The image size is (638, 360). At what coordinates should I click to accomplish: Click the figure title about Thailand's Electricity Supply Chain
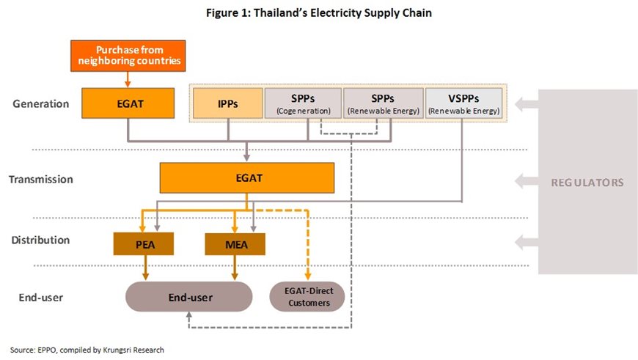[318, 12]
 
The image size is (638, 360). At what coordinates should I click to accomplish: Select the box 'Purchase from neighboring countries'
[128, 55]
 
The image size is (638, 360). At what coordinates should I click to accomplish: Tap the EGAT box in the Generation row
[128, 103]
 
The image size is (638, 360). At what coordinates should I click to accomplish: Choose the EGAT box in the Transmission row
[246, 178]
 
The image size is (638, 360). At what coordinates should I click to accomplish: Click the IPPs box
[227, 103]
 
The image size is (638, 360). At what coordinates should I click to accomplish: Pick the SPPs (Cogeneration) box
[303, 103]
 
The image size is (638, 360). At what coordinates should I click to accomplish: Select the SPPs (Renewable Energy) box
[384, 103]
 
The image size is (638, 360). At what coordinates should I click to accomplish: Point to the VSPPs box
[464, 103]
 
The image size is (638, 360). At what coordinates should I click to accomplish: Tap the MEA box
[235, 243]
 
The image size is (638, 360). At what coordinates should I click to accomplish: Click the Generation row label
[41, 104]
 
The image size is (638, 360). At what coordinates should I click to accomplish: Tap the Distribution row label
[41, 240]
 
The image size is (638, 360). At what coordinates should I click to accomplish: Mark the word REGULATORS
[587, 182]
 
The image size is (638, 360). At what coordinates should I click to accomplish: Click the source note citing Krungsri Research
[87, 350]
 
